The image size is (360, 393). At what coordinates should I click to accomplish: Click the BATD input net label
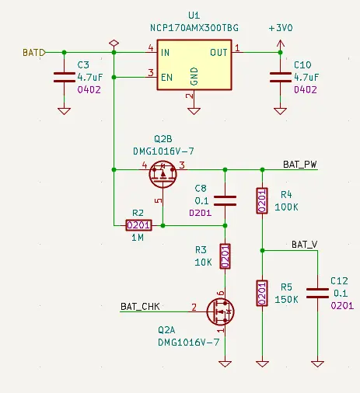coord(34,53)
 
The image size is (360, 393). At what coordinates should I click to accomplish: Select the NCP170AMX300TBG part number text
coord(194,28)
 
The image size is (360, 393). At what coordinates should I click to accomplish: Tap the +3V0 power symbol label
coord(281,28)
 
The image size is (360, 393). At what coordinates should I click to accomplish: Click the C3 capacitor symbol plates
coord(65,78)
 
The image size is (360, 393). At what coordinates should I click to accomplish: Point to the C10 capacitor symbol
coord(280,78)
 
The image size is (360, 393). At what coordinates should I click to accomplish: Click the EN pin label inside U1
coord(166,78)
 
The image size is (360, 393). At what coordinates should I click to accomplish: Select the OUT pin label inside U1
coord(218,53)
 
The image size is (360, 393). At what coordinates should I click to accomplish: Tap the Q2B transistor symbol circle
coord(163,174)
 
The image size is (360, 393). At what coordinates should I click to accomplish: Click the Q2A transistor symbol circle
coord(221,311)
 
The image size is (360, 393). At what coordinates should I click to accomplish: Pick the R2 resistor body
coord(138,225)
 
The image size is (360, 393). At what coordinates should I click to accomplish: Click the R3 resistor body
coord(225,256)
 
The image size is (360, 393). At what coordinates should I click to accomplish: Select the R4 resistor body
coord(262,201)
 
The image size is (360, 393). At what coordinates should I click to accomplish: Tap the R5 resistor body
coord(262,293)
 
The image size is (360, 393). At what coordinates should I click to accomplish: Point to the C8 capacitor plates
coord(225,201)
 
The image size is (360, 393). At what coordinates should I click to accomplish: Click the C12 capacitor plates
coord(317,293)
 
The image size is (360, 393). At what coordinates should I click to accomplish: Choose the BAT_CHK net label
coord(140,307)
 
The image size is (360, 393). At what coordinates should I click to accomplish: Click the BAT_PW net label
coord(300,165)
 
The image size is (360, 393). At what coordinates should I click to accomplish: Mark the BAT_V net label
coord(305,245)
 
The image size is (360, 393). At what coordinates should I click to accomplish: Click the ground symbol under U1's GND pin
coord(194,111)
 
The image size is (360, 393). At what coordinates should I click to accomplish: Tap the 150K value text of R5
coord(286,300)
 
